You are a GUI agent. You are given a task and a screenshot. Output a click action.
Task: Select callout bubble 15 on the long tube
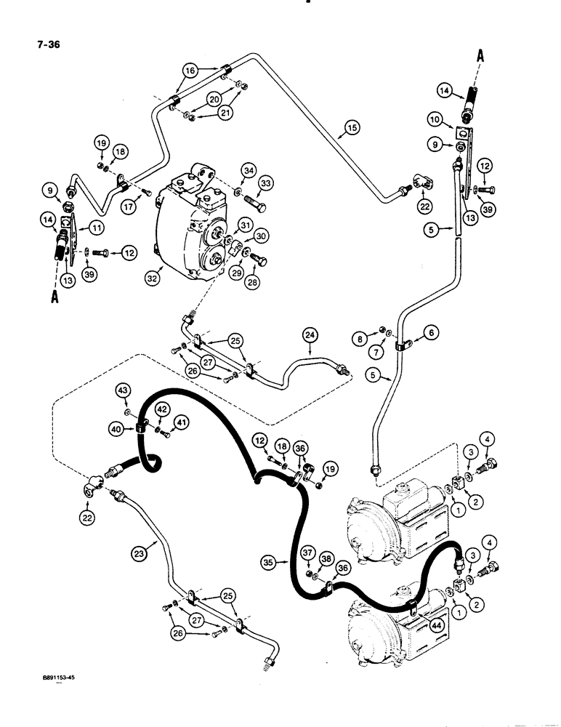pos(351,129)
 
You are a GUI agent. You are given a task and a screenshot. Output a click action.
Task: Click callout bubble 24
pos(310,335)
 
